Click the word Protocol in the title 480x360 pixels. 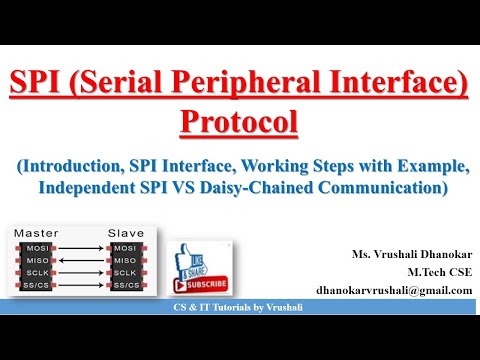tap(239, 123)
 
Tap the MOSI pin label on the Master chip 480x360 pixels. tap(37, 247)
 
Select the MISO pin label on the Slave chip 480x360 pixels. tap(126, 260)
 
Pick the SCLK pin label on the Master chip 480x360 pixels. tap(37, 273)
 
